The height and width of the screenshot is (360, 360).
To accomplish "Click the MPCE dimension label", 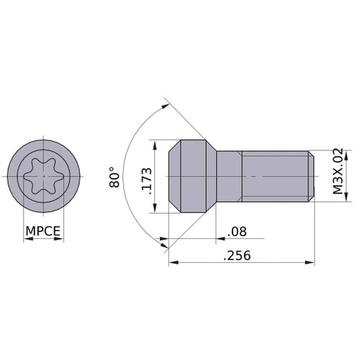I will pyautogui.click(x=43, y=232).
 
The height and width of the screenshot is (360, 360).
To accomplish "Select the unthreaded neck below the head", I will pyautogui.click(x=229, y=176).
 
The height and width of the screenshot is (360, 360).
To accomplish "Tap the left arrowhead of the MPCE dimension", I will pyautogui.click(x=26, y=239).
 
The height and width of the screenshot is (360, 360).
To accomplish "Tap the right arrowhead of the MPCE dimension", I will pyautogui.click(x=61, y=239).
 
